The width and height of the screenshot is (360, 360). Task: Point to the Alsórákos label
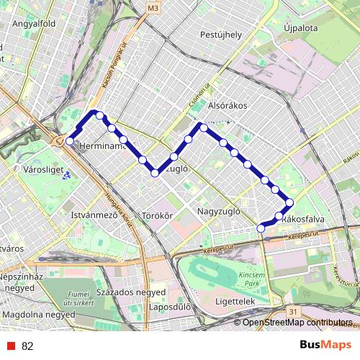point(227,105)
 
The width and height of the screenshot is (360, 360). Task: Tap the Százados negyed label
point(130,294)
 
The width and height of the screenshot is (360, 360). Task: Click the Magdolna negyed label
point(38,315)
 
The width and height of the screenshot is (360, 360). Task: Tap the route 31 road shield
point(291,310)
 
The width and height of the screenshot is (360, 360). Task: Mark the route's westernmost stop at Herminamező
point(70,141)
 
